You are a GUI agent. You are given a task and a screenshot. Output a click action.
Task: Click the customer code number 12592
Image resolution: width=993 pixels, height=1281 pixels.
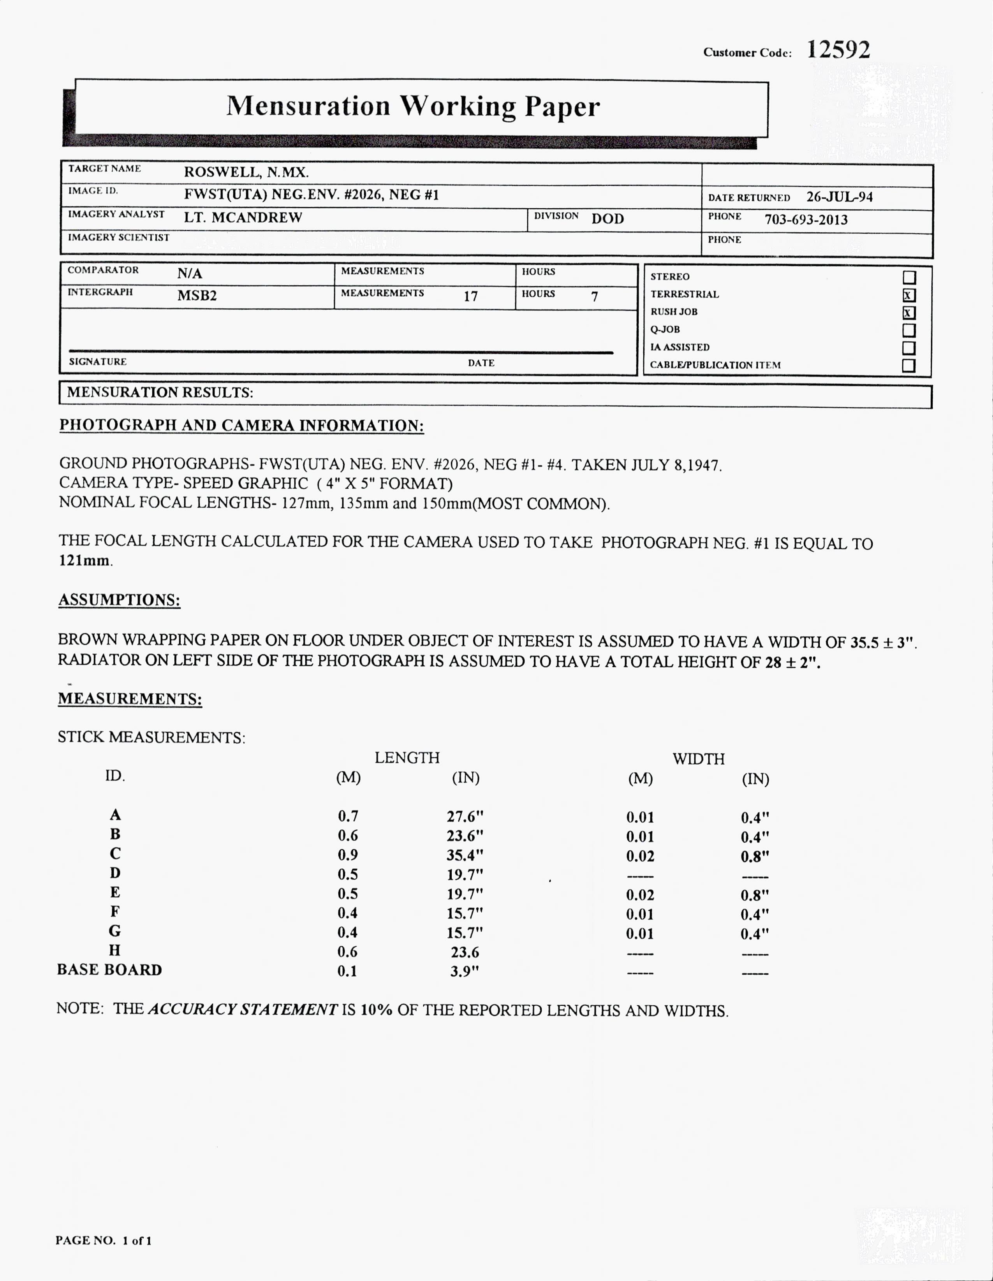(x=838, y=50)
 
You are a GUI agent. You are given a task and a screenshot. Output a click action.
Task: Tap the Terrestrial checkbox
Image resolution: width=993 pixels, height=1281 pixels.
(x=908, y=296)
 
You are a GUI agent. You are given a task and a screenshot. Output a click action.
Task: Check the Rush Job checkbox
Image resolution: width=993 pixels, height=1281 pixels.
(x=908, y=313)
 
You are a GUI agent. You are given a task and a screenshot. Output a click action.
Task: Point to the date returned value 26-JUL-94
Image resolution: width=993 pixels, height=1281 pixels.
(x=839, y=197)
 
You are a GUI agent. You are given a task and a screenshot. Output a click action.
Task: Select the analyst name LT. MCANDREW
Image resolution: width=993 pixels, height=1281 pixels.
(x=243, y=218)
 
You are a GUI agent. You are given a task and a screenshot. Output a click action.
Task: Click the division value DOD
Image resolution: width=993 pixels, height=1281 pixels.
(x=607, y=219)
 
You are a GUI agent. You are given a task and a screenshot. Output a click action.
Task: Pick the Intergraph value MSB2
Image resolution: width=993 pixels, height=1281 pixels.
(x=197, y=296)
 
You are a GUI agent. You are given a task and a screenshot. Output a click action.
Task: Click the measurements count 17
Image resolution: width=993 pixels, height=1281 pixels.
(x=470, y=296)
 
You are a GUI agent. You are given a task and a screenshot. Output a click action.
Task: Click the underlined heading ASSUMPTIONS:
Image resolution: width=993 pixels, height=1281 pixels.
(x=119, y=600)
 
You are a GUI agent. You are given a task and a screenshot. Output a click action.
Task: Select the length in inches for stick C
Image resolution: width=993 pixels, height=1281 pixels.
(x=465, y=855)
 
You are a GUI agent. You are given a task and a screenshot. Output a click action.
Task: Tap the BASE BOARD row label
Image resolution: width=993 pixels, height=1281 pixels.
(x=109, y=970)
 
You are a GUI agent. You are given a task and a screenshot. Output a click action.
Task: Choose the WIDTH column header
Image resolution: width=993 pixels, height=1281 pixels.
(x=699, y=758)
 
